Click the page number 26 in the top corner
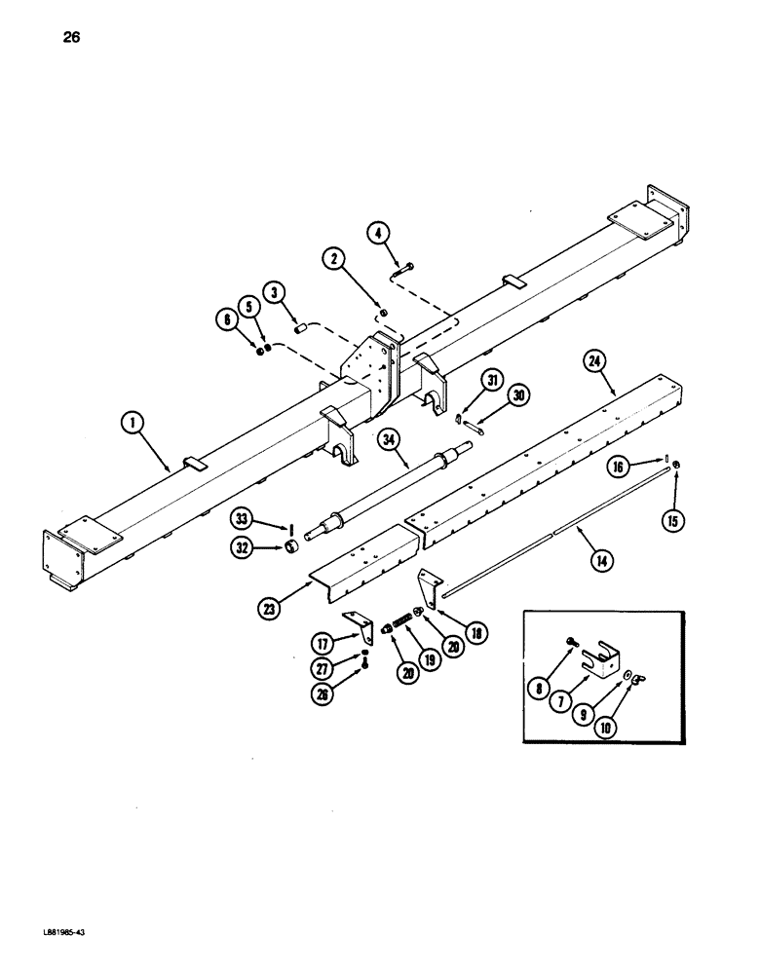pos(71,38)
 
